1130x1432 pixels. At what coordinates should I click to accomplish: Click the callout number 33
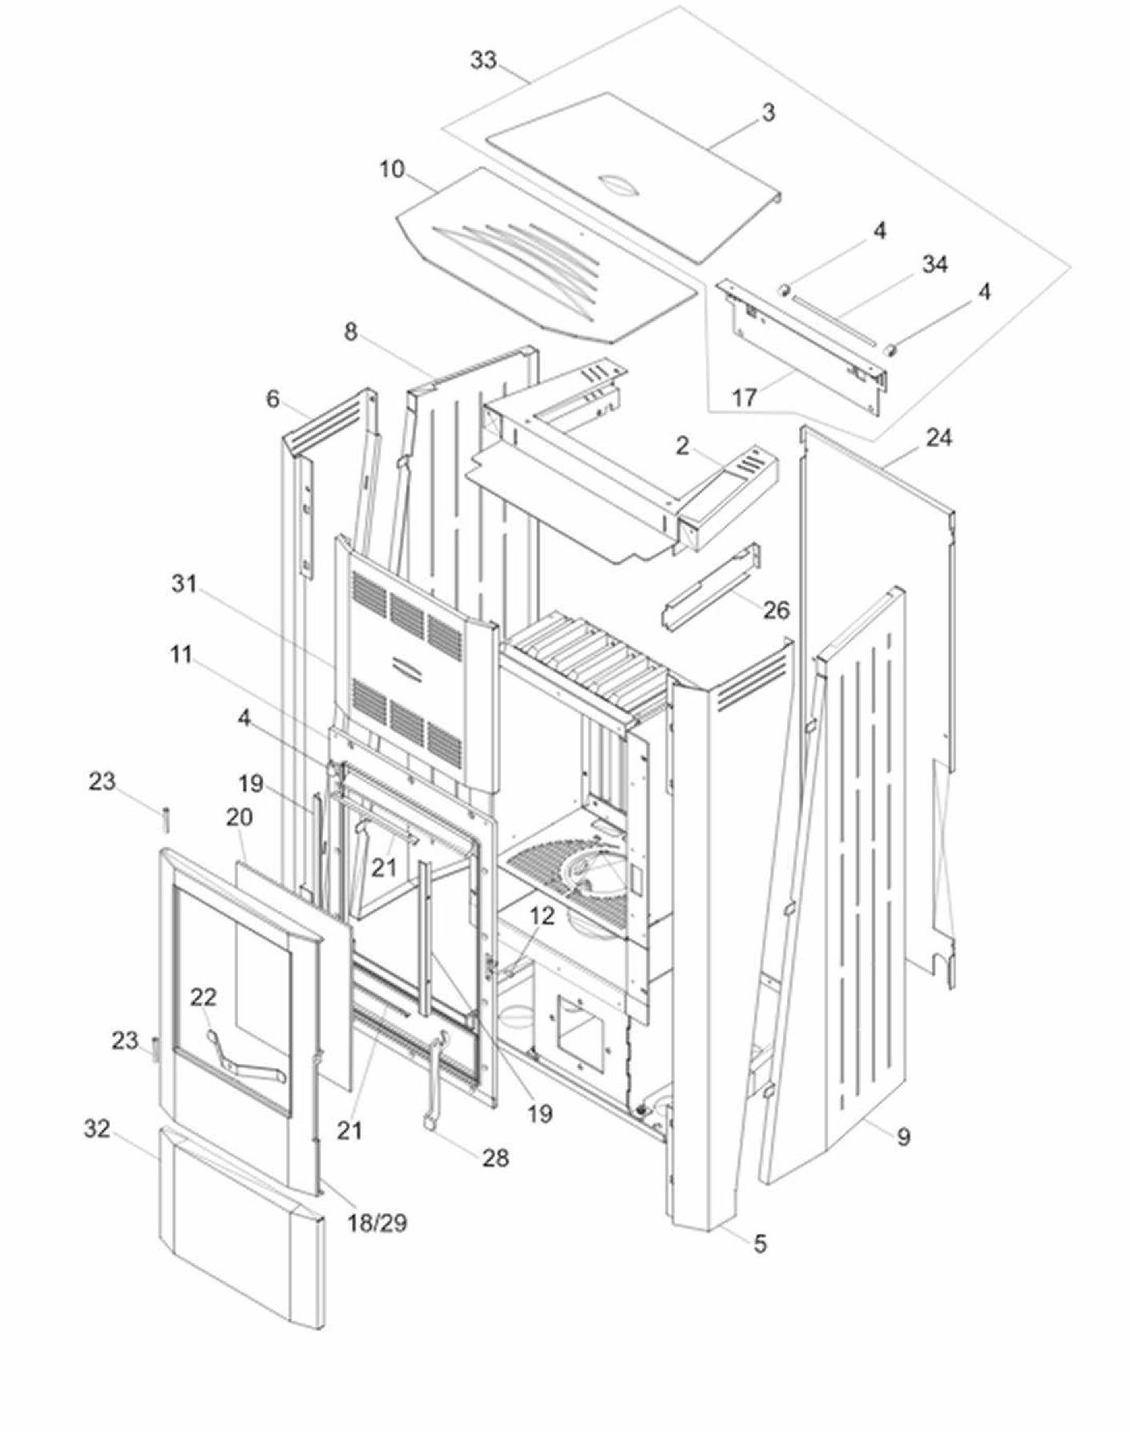coord(483,60)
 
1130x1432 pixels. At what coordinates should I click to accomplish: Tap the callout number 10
coord(392,170)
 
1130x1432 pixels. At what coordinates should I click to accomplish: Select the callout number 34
coord(934,264)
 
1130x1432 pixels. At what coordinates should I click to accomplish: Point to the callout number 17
coord(745,396)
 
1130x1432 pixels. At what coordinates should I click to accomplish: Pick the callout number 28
coord(495,1157)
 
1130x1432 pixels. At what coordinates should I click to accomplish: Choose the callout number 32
coord(97,1129)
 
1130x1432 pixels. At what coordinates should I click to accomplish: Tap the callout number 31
coord(184,584)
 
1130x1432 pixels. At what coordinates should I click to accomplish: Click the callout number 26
coord(775,610)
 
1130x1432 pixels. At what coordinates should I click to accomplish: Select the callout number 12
coord(542,916)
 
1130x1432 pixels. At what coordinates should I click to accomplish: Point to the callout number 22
coord(204,997)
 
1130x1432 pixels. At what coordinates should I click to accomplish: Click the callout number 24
coord(938,438)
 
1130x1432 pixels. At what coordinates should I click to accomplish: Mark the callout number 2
coord(682,446)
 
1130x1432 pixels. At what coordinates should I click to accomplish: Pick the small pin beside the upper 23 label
coord(165,821)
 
